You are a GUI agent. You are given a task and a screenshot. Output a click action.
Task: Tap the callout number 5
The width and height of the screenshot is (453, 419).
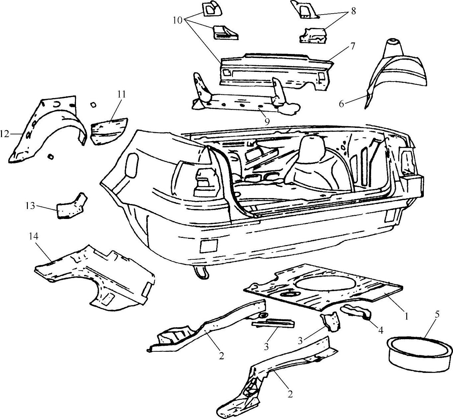437,315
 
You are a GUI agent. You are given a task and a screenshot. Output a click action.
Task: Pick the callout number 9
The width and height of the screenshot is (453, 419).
267,121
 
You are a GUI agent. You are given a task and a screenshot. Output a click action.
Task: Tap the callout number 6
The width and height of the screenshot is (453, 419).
341,104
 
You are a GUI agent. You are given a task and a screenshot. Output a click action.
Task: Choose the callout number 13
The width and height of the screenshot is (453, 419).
30,206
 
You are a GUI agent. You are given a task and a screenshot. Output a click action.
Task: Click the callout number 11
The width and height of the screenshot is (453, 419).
121,94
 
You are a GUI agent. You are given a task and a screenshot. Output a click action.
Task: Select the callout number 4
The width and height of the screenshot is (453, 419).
380,330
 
